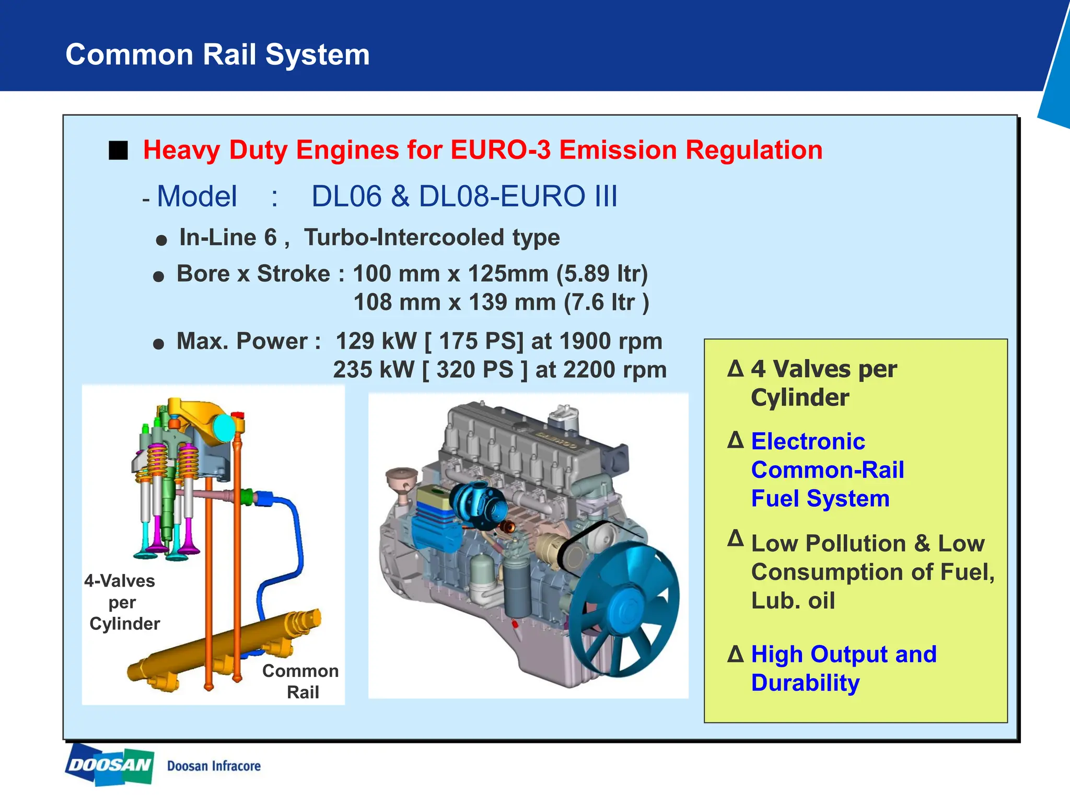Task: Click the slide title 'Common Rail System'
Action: (x=217, y=55)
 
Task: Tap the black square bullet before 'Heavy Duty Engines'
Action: (x=118, y=151)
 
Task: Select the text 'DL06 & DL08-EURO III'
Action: (x=464, y=197)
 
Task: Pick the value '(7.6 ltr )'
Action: (x=606, y=303)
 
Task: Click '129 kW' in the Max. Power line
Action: (x=376, y=341)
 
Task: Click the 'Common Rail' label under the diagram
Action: (x=301, y=681)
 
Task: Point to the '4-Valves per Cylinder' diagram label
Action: (x=122, y=602)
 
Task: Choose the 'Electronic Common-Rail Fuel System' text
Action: (x=827, y=470)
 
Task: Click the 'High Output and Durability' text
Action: (x=843, y=669)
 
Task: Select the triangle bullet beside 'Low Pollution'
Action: (x=735, y=538)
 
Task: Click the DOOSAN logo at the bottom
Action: (x=109, y=765)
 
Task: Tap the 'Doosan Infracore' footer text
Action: (x=214, y=766)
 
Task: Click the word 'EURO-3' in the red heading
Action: (x=500, y=151)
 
